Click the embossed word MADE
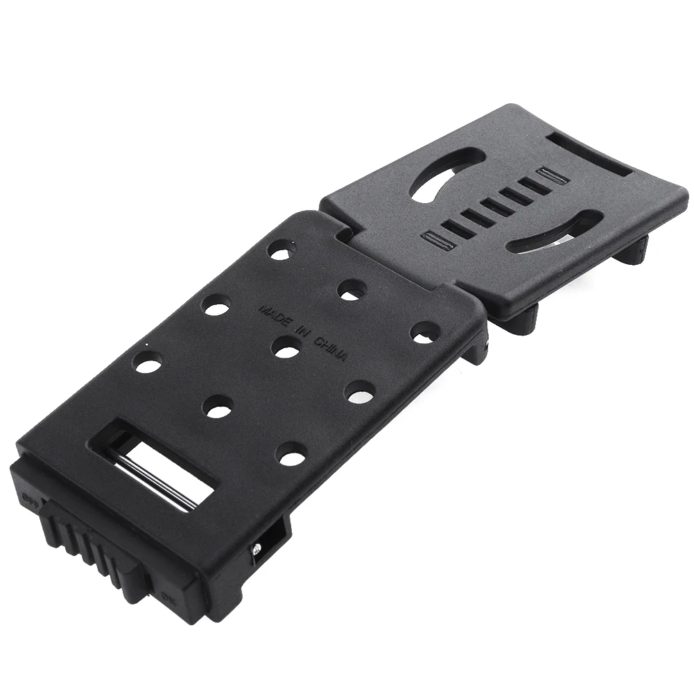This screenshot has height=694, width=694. coord(275,314)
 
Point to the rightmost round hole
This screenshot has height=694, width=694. coord(424,331)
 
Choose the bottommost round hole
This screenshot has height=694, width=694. coord(290,454)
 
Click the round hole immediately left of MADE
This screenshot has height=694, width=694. coord(216,305)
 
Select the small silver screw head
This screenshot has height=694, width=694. coord(255,550)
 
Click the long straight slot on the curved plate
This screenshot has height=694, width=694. coord(589,153)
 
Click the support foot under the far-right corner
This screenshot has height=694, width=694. coord(639,249)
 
